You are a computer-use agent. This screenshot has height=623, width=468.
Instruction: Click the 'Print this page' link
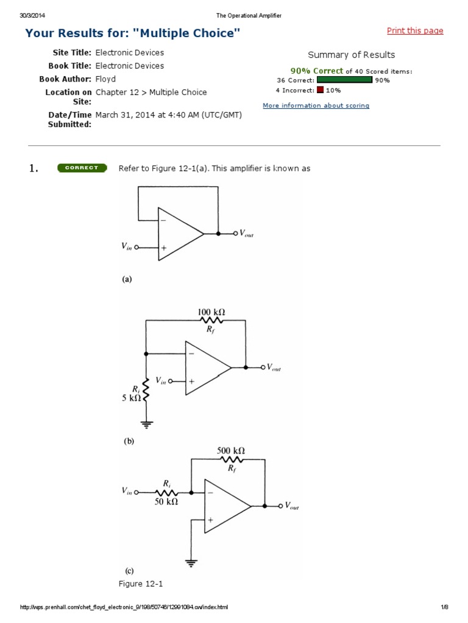point(415,31)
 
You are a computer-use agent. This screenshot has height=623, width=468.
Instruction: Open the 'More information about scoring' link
point(316,105)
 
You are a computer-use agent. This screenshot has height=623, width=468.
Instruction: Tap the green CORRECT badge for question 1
point(82,168)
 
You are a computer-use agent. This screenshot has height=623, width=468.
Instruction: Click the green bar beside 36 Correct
point(344,80)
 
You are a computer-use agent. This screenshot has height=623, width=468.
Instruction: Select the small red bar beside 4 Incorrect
point(320,90)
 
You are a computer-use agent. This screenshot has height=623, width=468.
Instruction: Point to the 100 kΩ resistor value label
point(211,312)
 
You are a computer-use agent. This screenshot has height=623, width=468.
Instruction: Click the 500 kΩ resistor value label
point(231,451)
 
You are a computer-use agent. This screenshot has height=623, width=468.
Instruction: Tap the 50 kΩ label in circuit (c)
point(165,503)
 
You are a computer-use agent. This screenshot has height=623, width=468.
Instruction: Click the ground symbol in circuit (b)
point(146,423)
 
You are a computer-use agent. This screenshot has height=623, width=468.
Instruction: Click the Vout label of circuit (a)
point(247,233)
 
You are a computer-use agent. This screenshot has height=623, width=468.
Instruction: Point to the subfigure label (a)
point(127,280)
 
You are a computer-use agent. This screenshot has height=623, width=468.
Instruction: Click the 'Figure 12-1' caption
point(141,584)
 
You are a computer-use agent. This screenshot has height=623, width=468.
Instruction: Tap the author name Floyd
point(105,79)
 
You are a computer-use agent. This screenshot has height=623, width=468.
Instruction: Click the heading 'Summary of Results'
point(351,55)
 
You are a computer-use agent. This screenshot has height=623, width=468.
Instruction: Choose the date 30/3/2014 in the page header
point(32,15)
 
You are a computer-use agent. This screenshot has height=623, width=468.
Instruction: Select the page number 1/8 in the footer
point(445,607)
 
